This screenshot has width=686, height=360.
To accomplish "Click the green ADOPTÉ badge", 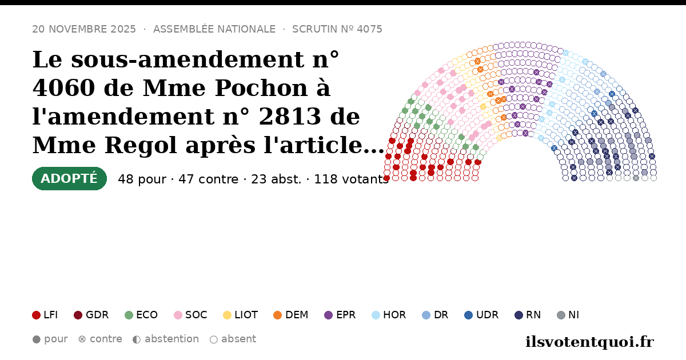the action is (x=69, y=178).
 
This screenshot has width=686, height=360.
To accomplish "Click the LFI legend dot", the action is (x=36, y=315).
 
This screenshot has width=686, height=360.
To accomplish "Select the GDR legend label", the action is (x=97, y=315).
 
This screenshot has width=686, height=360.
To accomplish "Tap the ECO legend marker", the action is (x=129, y=315).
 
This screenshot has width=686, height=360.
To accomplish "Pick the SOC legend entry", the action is (x=190, y=315).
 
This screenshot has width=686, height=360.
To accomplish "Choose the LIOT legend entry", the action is (x=241, y=315).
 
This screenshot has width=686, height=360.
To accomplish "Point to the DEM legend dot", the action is (x=277, y=315).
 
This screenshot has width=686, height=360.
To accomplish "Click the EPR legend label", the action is (x=346, y=315).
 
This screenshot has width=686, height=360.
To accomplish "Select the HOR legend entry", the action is (x=389, y=315).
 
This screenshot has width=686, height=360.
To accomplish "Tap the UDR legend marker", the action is (x=469, y=315).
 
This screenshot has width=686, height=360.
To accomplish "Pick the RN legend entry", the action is (x=528, y=315).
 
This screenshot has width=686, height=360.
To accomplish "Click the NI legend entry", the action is (x=568, y=315).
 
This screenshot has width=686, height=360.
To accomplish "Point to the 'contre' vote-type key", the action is (x=100, y=339).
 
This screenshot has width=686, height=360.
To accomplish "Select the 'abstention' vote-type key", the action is (x=166, y=339).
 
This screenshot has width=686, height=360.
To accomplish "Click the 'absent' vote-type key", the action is (x=233, y=339).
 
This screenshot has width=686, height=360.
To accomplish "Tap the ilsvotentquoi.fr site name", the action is (x=589, y=342).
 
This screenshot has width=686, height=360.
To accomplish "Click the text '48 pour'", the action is (x=142, y=179).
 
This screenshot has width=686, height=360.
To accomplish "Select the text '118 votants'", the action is (x=352, y=179).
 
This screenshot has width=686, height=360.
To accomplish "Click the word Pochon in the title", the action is (x=261, y=88).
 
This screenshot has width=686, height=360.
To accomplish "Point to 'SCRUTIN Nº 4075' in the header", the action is (x=337, y=29).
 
